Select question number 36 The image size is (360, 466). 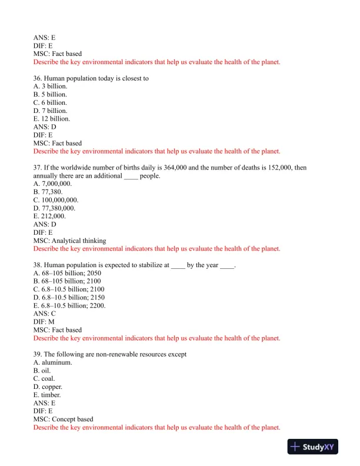click(x=38, y=78)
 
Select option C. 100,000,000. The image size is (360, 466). click(x=56, y=200)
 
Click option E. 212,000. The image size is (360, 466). click(x=49, y=216)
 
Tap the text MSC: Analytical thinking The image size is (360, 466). click(x=70, y=241)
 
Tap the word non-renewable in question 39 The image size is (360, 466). click(x=109, y=354)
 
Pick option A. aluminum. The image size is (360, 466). click(x=53, y=362)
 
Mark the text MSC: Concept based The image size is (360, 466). click(x=64, y=420)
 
